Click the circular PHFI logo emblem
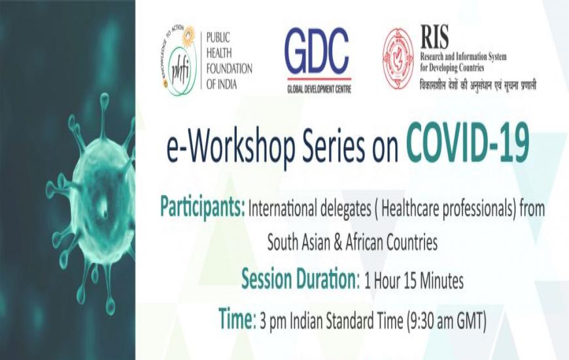179,61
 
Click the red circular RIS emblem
398,59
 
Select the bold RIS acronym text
434,37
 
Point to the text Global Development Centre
319,88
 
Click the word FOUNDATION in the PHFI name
229,69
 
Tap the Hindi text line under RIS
477,85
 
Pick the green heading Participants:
203,207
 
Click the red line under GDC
319,79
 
